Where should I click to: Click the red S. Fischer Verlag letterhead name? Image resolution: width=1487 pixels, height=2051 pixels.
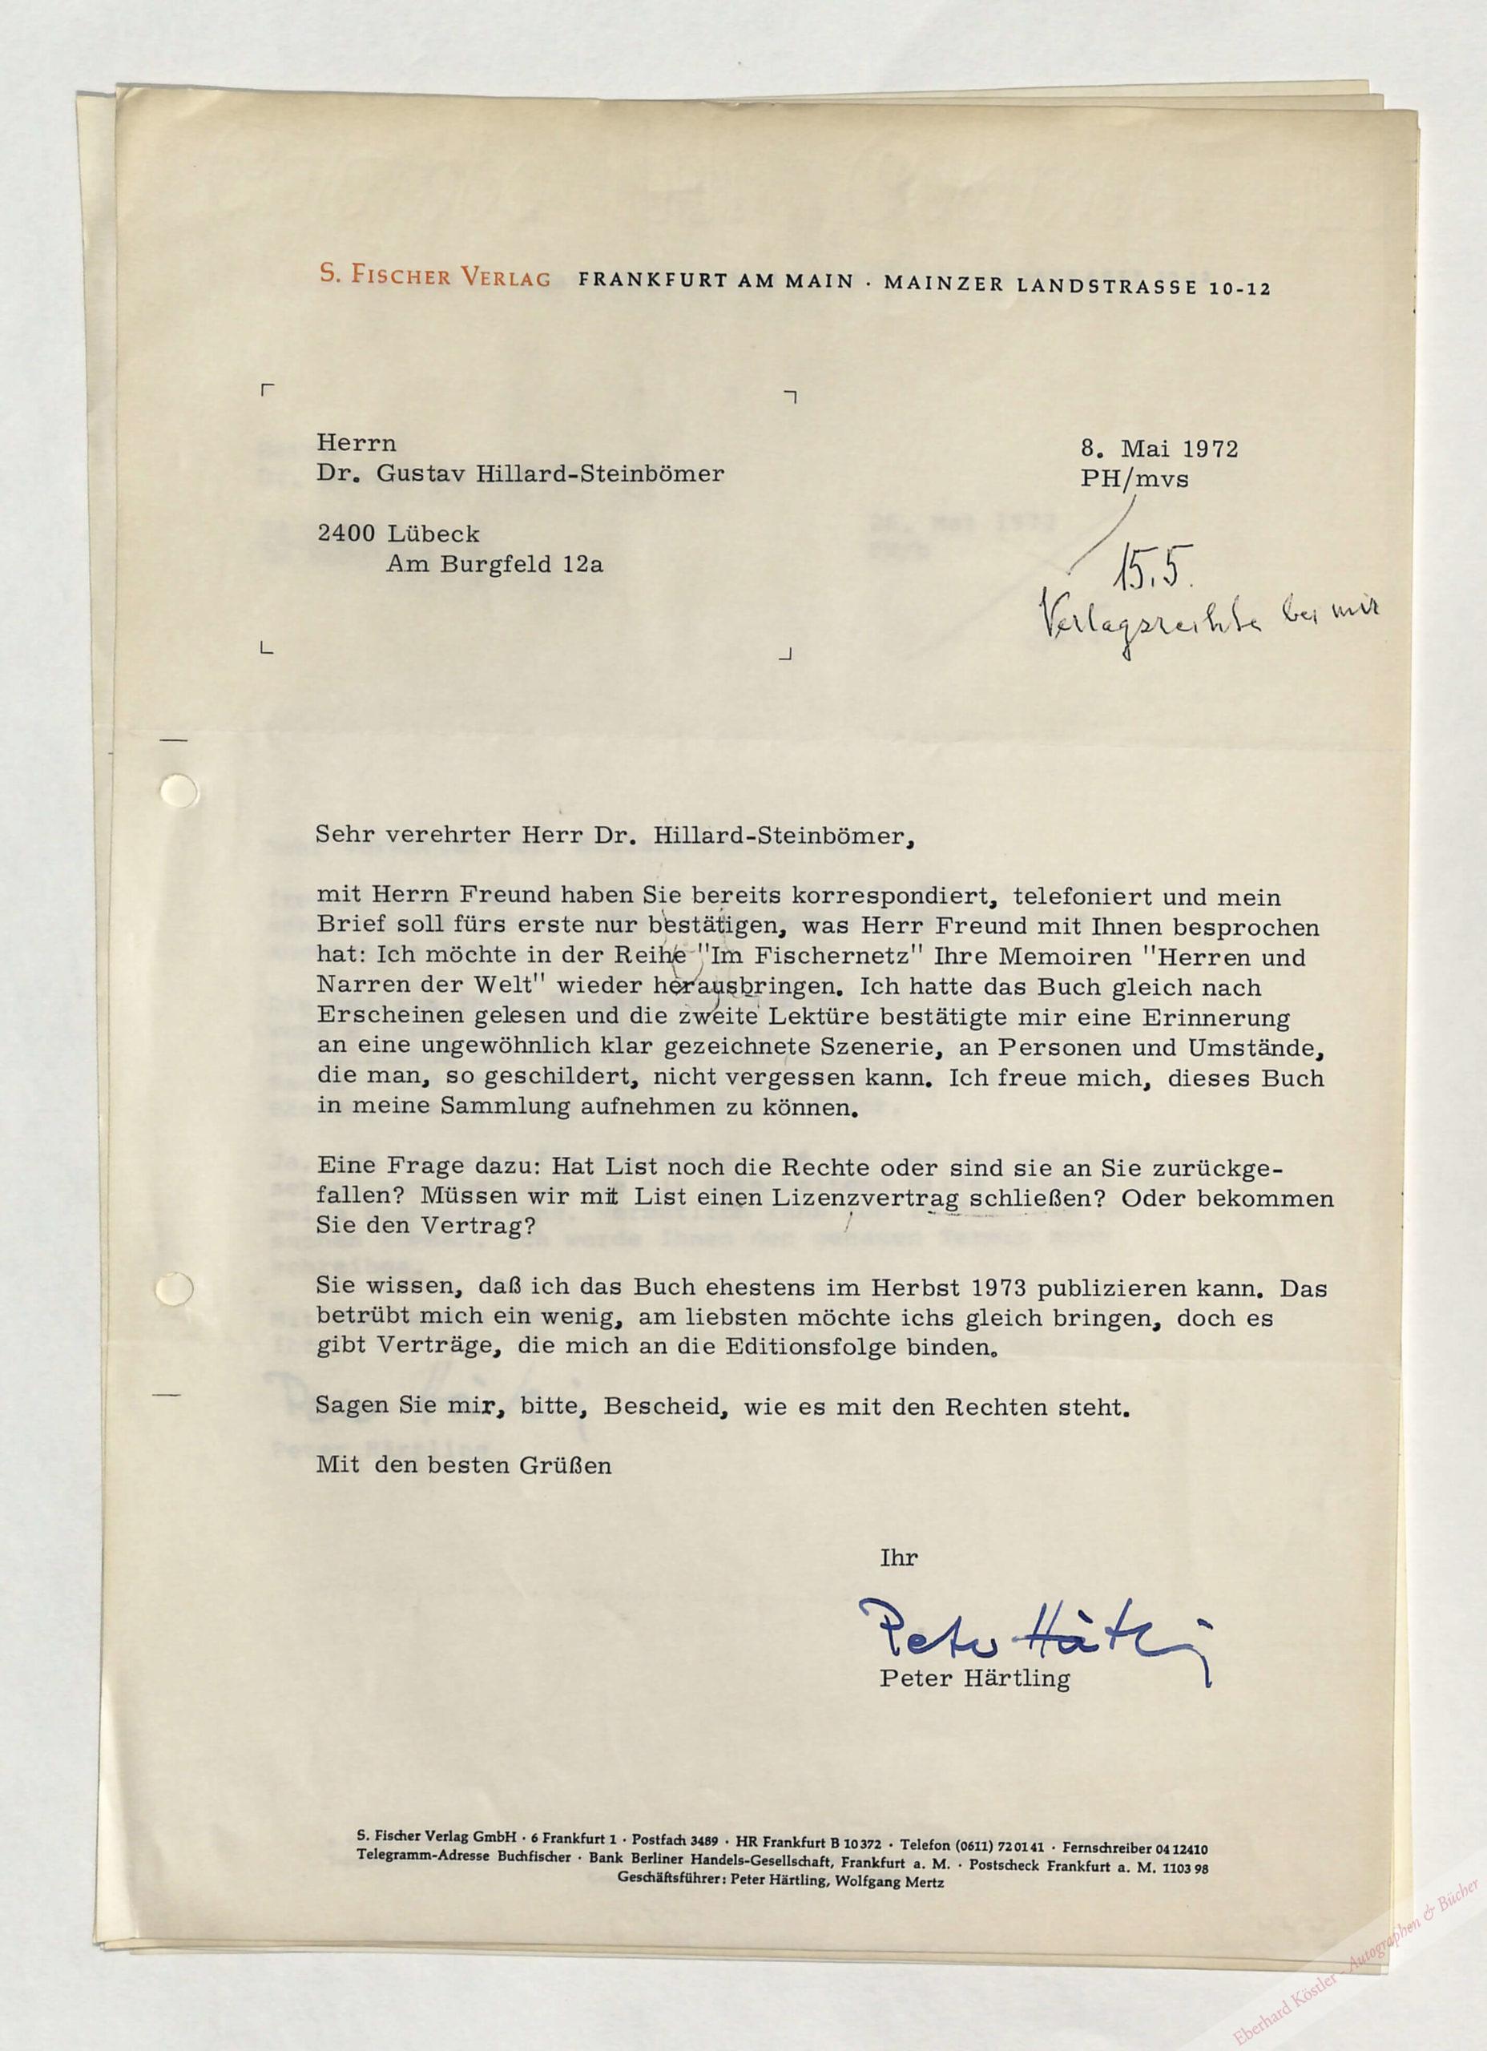pyautogui.click(x=435, y=276)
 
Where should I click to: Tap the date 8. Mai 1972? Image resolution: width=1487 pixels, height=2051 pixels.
pyautogui.click(x=1159, y=449)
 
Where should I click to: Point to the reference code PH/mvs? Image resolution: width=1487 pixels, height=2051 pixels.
pyautogui.click(x=1134, y=479)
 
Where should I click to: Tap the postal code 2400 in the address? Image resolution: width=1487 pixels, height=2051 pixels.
pyautogui.click(x=345, y=534)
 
